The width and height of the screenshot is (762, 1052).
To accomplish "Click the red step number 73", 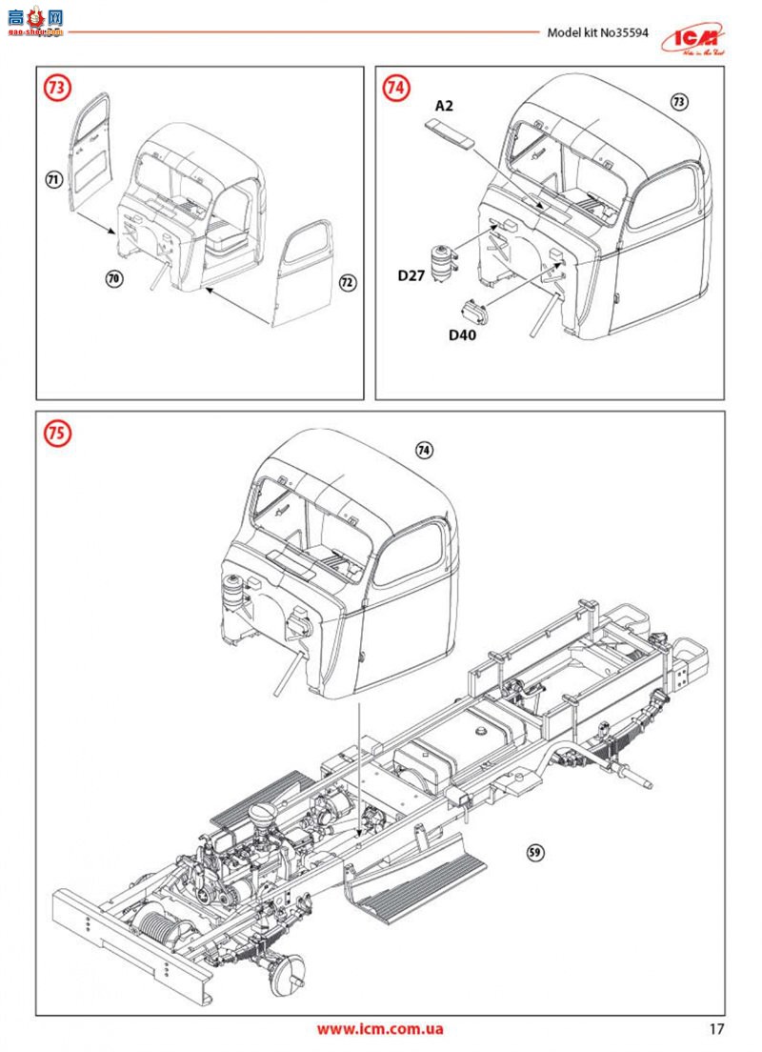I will click(x=57, y=89).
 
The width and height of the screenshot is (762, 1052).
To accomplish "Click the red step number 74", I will click(x=396, y=89).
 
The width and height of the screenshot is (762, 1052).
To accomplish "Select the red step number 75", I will click(x=57, y=434).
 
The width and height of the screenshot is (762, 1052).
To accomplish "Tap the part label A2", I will click(x=444, y=105).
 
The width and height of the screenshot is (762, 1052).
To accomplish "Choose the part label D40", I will click(x=462, y=334).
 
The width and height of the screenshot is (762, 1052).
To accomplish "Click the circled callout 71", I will click(x=53, y=178).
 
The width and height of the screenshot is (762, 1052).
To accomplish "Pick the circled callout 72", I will click(x=347, y=282).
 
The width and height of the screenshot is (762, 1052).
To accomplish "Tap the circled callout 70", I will click(x=114, y=278).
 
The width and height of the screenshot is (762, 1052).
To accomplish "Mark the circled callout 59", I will click(x=535, y=853).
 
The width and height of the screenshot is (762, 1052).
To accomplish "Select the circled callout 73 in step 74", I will click(x=678, y=101).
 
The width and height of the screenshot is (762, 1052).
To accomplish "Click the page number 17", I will click(x=717, y=1029).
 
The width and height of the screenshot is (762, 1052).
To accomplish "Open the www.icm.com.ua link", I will click(x=380, y=1029).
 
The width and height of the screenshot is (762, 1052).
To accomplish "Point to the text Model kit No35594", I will click(x=597, y=32).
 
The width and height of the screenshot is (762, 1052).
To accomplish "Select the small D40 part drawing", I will click(x=474, y=310).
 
